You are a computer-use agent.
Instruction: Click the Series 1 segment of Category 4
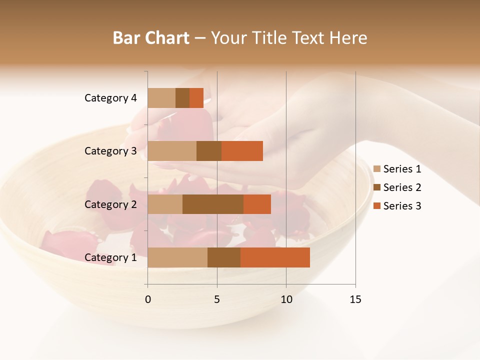(x=161, y=98)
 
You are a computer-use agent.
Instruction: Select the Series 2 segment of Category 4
(x=182, y=98)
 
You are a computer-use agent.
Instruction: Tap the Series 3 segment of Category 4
(x=196, y=98)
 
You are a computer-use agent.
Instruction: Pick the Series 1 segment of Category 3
(x=172, y=151)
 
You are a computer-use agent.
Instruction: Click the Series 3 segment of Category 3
(x=242, y=151)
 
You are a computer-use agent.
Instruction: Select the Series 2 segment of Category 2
(x=213, y=204)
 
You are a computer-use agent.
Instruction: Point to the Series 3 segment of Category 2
(x=257, y=204)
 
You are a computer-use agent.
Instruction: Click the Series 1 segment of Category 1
(x=177, y=257)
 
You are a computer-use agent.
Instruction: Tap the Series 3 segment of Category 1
(x=275, y=257)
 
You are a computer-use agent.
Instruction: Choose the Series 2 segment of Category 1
(x=224, y=257)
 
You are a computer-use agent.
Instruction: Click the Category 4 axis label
(x=110, y=98)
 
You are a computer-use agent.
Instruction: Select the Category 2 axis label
(x=110, y=204)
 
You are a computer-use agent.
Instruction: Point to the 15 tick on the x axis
(x=355, y=299)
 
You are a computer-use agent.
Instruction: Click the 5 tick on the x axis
(x=217, y=299)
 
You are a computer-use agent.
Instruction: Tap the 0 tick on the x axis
(x=148, y=299)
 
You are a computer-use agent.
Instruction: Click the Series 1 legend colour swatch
(x=377, y=169)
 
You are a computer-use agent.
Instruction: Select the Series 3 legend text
(x=402, y=206)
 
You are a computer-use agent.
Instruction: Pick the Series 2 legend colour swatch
(x=377, y=187)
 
